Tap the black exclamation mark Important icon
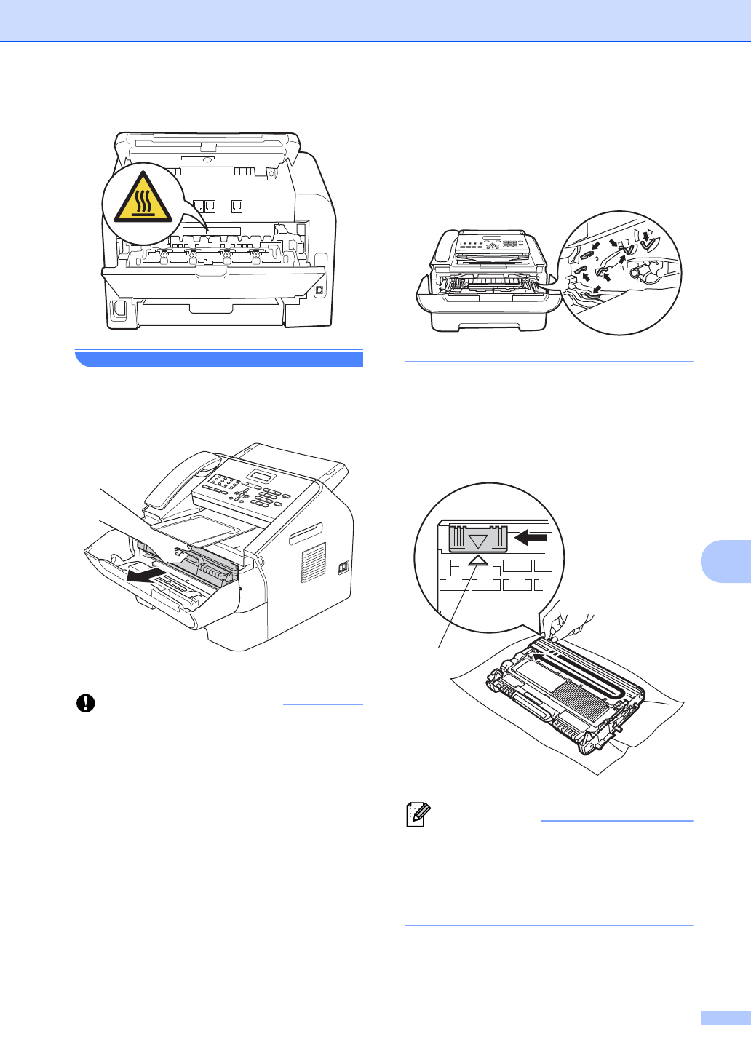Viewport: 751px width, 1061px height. coord(86,703)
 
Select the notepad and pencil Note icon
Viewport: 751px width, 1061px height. coord(418,814)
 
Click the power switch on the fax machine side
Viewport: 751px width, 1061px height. coord(343,568)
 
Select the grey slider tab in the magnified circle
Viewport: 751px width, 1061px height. coord(477,539)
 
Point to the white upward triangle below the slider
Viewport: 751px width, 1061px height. coord(477,560)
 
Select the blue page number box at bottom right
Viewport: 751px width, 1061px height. coord(725,1017)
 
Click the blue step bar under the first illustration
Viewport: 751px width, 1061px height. coord(218,359)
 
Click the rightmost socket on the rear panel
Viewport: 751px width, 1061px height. coord(237,207)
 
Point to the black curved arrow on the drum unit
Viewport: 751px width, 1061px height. coord(539,657)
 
